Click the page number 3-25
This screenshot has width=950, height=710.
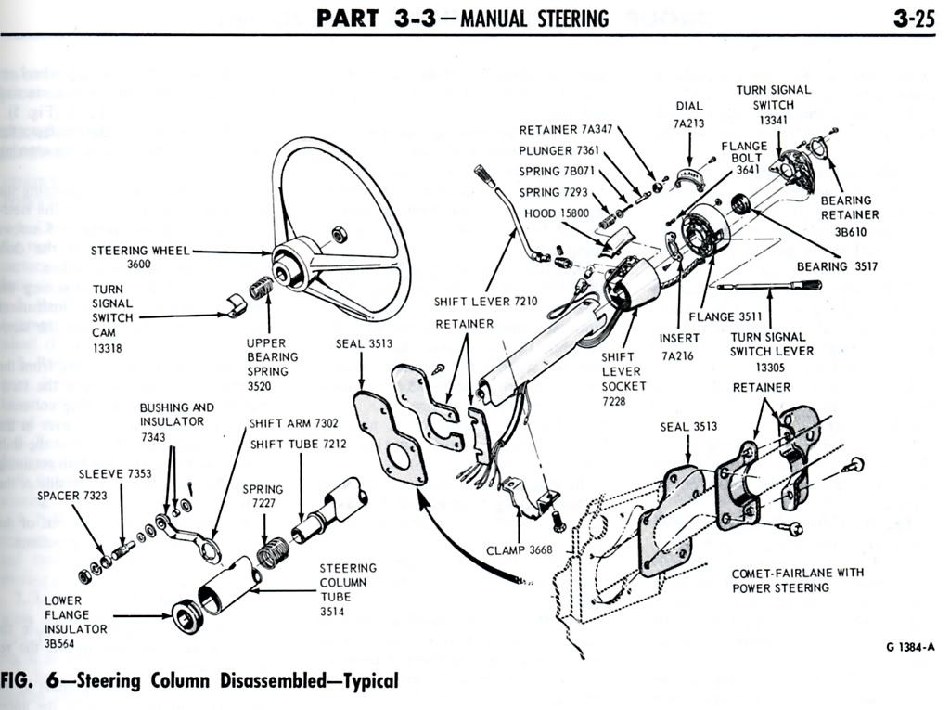point(914,18)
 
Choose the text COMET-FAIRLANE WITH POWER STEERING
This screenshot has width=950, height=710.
point(797,580)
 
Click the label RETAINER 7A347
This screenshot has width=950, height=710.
point(565,130)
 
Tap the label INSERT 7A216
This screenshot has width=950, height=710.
point(680,346)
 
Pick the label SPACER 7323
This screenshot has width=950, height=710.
point(72,496)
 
